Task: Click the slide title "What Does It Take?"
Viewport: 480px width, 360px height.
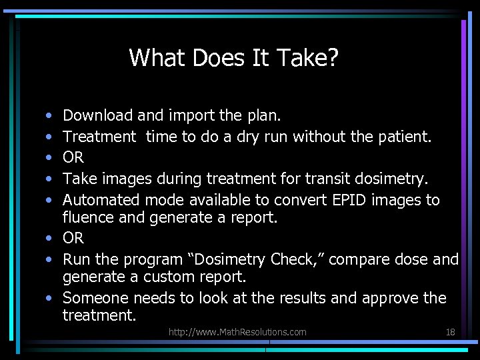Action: [234, 58]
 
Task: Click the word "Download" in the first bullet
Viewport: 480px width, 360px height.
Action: [98, 115]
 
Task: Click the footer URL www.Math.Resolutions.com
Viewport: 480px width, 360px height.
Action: [237, 332]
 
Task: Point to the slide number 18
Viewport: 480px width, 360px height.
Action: [449, 332]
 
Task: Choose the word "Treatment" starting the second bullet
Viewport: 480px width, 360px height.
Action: [99, 137]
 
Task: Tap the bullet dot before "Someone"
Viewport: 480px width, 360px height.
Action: [52, 298]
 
